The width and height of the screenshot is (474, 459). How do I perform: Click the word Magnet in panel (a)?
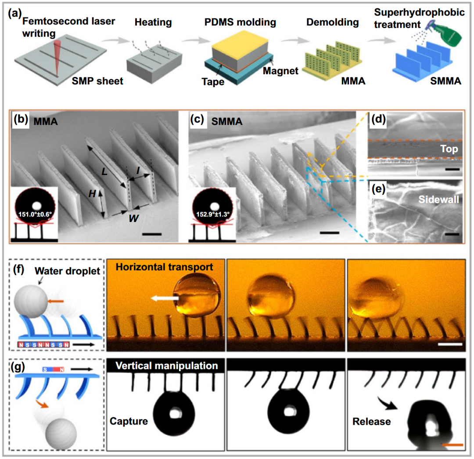(x=280, y=71)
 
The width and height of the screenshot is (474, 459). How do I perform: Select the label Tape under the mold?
(x=213, y=82)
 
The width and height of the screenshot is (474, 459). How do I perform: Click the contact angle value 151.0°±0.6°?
(x=35, y=215)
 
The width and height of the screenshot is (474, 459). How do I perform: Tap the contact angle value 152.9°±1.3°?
(x=213, y=215)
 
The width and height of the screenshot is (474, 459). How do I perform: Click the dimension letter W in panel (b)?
(x=133, y=218)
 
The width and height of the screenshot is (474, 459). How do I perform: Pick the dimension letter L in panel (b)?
(x=104, y=172)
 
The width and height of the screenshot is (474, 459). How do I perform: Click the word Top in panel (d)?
(x=449, y=149)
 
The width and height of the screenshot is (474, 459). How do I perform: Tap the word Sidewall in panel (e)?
(x=438, y=199)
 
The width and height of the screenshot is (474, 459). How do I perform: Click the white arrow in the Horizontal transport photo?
(x=165, y=299)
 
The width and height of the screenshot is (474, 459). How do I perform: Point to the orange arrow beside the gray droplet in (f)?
(x=56, y=301)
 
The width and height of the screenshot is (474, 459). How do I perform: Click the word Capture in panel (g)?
(x=129, y=421)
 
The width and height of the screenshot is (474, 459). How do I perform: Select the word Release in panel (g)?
(x=372, y=422)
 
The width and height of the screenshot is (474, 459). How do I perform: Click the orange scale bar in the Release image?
(x=452, y=445)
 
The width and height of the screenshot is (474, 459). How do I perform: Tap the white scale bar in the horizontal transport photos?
(x=450, y=344)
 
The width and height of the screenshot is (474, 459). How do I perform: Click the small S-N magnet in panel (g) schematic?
(x=54, y=369)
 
